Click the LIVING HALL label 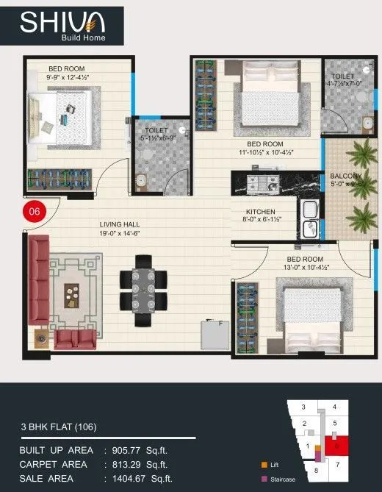click(x=120, y=224)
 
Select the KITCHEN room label click(x=260, y=211)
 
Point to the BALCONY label click(x=345, y=176)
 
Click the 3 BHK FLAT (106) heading click(x=64, y=427)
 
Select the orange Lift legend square click(x=263, y=465)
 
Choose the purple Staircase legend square click(x=263, y=479)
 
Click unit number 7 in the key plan click(x=337, y=464)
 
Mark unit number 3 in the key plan click(x=303, y=407)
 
